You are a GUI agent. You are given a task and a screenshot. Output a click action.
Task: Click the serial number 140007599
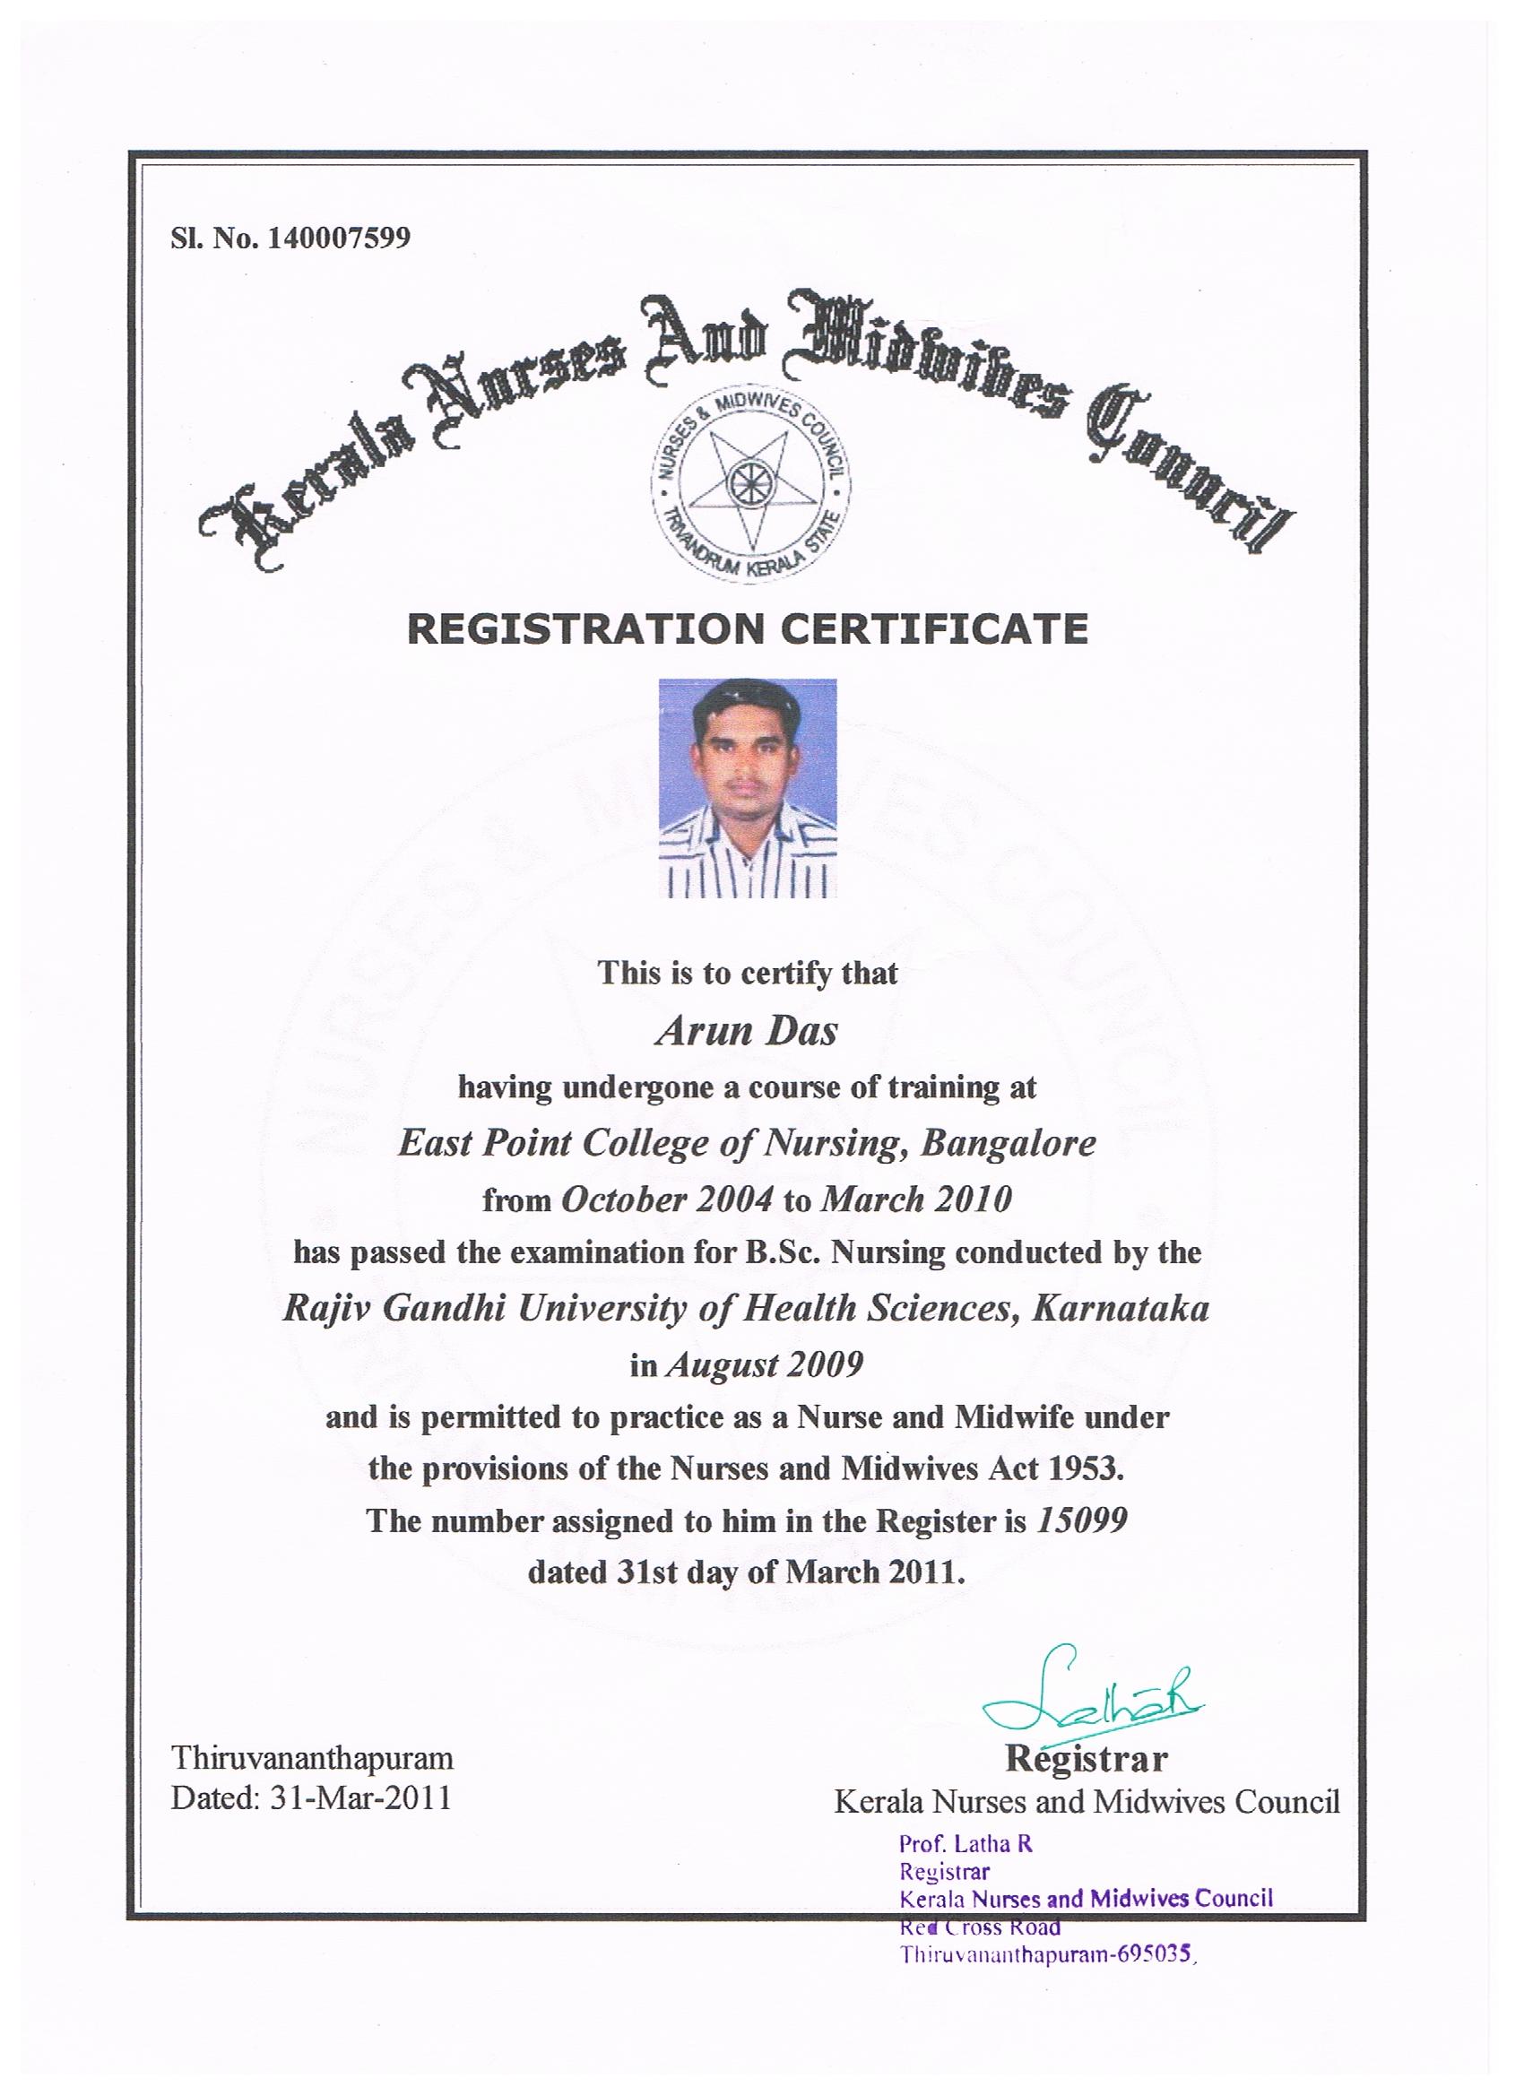click(338, 238)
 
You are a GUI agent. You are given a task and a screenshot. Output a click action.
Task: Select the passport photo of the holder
click(747, 787)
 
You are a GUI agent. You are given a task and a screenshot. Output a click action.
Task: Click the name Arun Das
click(746, 1030)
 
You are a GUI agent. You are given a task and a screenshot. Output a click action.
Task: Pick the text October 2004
click(666, 1200)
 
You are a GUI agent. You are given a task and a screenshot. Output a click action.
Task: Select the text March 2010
click(916, 1200)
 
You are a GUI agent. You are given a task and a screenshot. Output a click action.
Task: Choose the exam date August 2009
click(764, 1364)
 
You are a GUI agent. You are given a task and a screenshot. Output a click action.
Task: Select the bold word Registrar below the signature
click(1086, 1758)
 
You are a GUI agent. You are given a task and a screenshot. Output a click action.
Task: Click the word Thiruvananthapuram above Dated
click(312, 1757)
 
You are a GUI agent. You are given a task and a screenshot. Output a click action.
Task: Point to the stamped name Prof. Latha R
click(965, 1844)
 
